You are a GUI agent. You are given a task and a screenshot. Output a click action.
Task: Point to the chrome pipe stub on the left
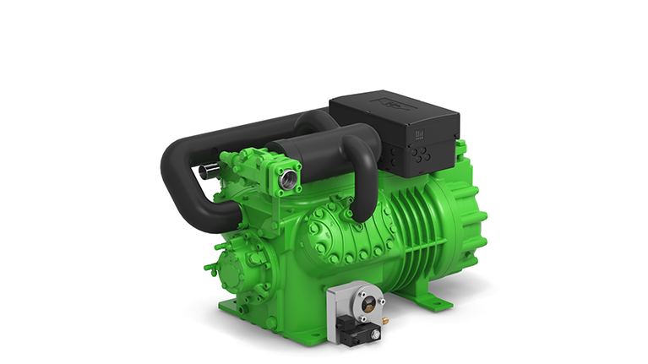(204, 173)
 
